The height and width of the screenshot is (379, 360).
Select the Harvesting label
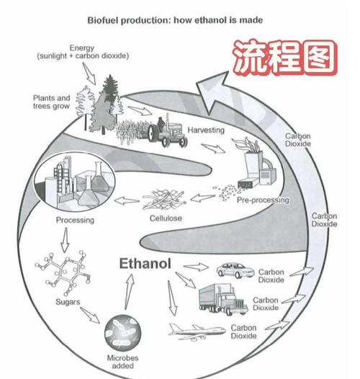click(x=207, y=130)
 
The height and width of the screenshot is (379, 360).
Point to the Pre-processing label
click(x=262, y=200)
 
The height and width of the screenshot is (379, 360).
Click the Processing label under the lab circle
click(x=74, y=220)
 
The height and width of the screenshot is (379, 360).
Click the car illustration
click(x=234, y=270)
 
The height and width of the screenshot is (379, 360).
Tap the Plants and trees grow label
click(x=52, y=102)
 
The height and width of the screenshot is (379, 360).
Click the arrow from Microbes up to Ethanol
click(x=129, y=296)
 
